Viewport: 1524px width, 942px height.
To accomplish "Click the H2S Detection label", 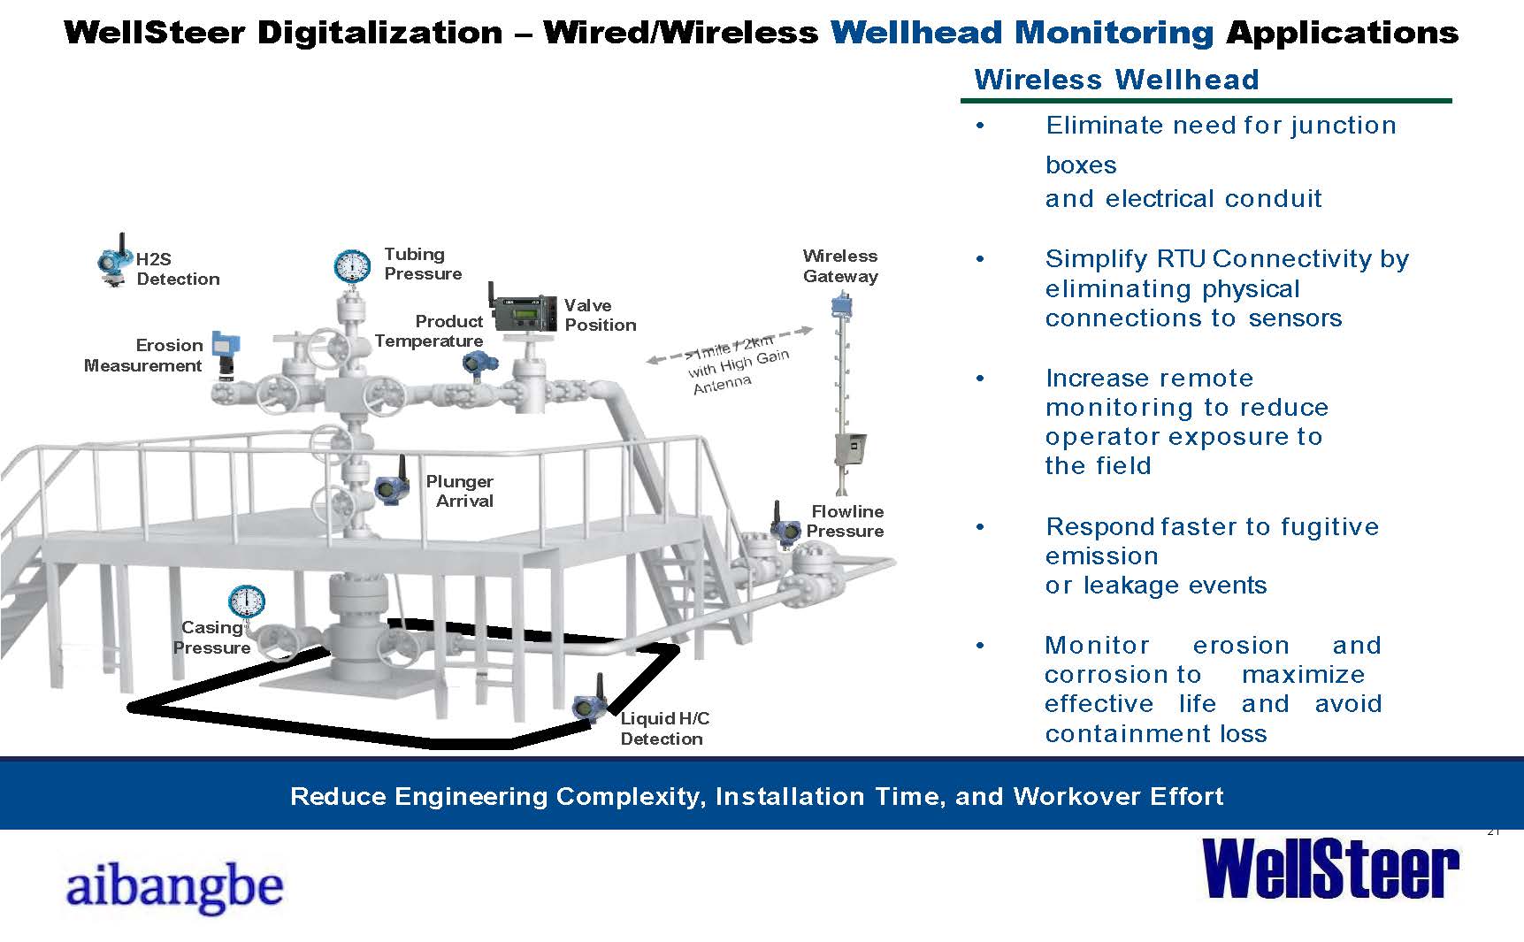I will tap(177, 269).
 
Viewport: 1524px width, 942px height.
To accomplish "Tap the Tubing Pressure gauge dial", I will tap(352, 265).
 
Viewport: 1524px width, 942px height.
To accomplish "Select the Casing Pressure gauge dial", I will tap(246, 601).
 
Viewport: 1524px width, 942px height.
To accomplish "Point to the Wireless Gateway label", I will tap(839, 265).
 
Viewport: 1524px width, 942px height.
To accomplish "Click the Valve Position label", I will tap(600, 315).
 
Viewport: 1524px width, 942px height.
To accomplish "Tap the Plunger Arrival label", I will tap(460, 491).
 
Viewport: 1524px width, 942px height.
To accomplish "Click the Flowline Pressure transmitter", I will tap(783, 529).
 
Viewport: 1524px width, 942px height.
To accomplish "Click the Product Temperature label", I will tap(429, 331).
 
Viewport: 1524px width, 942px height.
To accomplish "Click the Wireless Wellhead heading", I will tap(1116, 80).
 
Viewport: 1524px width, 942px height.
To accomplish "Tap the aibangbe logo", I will tap(174, 886).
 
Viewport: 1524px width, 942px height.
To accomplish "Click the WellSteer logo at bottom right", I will tap(1330, 869).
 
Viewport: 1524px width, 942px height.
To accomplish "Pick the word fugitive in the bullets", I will tap(1329, 526).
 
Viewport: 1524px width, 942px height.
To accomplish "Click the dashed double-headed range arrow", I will tap(730, 345).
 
